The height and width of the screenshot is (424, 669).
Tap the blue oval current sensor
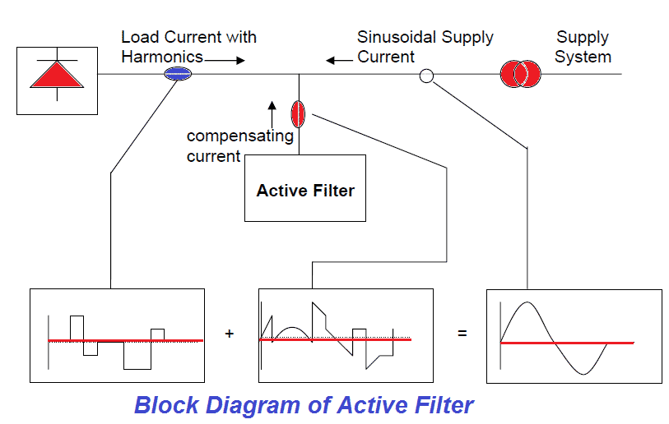176,74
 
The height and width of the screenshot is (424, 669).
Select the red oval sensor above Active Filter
298,113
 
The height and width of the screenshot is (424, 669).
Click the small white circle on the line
426,76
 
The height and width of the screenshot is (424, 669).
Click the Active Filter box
305,191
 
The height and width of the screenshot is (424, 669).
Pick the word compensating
240,136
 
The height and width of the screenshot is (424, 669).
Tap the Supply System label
583,47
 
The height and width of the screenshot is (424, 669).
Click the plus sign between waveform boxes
230,334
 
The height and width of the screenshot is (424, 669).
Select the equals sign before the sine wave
462,334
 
